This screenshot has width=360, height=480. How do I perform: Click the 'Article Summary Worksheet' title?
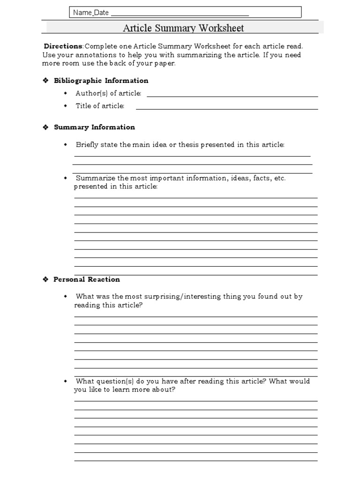tap(183, 28)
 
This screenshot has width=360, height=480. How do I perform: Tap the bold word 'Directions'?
tap(63, 46)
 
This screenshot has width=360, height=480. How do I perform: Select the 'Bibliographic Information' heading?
tap(101, 81)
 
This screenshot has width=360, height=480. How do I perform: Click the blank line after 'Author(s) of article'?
tap(232, 96)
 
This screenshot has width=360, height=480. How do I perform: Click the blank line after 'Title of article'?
tap(226, 108)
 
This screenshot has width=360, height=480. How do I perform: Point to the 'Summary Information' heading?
tap(94, 127)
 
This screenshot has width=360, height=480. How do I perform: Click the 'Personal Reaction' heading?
tap(87, 279)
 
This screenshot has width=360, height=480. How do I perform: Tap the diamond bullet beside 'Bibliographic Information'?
tap(45, 81)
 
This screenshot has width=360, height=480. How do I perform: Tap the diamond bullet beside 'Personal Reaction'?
tap(45, 279)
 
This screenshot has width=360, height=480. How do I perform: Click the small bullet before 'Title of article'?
tap(66, 106)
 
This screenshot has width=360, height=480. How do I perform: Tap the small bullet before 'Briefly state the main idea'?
tap(66, 144)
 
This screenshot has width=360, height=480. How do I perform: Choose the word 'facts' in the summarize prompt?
tap(262, 178)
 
